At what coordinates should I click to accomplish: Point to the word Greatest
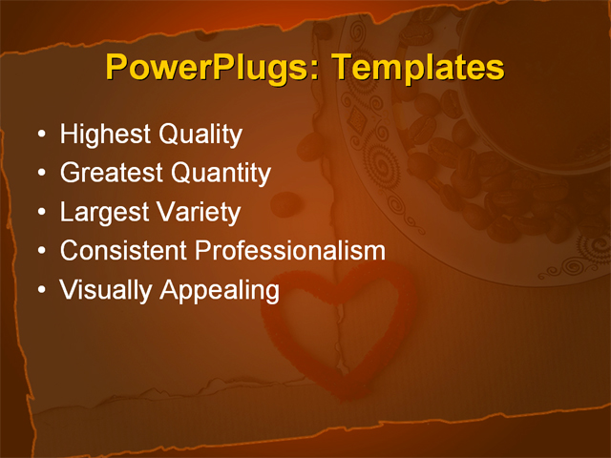pos(112,174)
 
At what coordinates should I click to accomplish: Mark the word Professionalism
pos(290,251)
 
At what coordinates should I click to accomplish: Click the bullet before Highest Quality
pos(40,135)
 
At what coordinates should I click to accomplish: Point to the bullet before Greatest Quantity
pos(40,175)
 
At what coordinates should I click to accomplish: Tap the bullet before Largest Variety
pos(40,213)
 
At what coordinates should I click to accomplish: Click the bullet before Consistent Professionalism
pos(40,252)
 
